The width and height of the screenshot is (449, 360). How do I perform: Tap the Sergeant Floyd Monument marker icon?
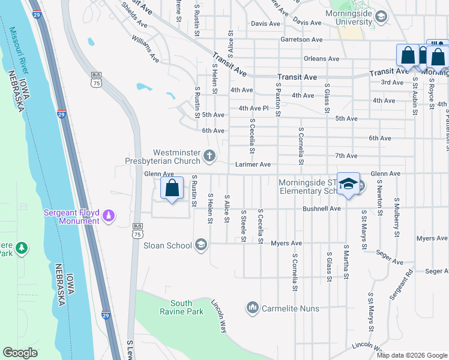[109, 215]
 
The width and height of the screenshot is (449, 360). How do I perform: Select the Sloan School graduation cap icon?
[202, 244]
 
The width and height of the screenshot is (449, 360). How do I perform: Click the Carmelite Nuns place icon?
[252, 308]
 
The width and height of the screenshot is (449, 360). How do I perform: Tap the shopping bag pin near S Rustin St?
[172, 188]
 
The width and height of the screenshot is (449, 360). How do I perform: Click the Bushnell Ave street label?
[322, 209]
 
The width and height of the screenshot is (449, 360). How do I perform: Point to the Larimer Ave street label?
[253, 164]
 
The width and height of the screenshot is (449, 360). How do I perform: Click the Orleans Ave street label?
[322, 59]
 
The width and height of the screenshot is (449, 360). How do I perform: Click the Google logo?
[20, 353]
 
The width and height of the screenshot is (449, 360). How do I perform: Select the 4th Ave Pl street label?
[253, 109]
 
